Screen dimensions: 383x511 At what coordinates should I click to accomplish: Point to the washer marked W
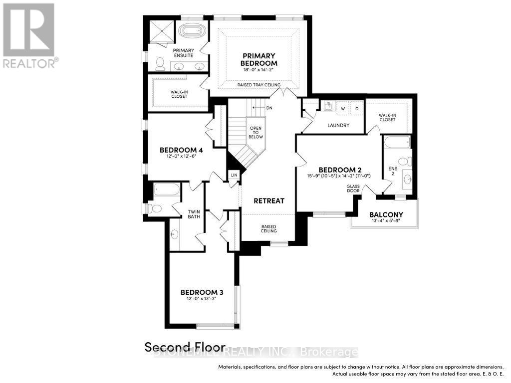pyautogui.click(x=343, y=108)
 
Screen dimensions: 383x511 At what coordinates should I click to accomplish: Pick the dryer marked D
pyautogui.click(x=357, y=108)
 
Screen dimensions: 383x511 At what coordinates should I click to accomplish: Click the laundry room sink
pyautogui.click(x=327, y=106)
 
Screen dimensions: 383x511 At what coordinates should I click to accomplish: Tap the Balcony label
pyautogui.click(x=386, y=215)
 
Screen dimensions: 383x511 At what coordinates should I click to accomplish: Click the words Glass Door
pyautogui.click(x=353, y=189)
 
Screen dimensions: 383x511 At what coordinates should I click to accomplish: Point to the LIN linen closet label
pyautogui.click(x=234, y=176)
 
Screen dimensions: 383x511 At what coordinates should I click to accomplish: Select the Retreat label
pyautogui.click(x=268, y=200)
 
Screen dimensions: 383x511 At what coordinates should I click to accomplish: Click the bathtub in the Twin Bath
pyautogui.click(x=167, y=190)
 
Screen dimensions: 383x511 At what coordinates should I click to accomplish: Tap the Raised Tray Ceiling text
pyautogui.click(x=258, y=85)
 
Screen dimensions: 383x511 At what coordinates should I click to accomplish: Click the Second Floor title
pyautogui.click(x=185, y=347)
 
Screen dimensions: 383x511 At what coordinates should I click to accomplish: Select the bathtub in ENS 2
pyautogui.click(x=397, y=143)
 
